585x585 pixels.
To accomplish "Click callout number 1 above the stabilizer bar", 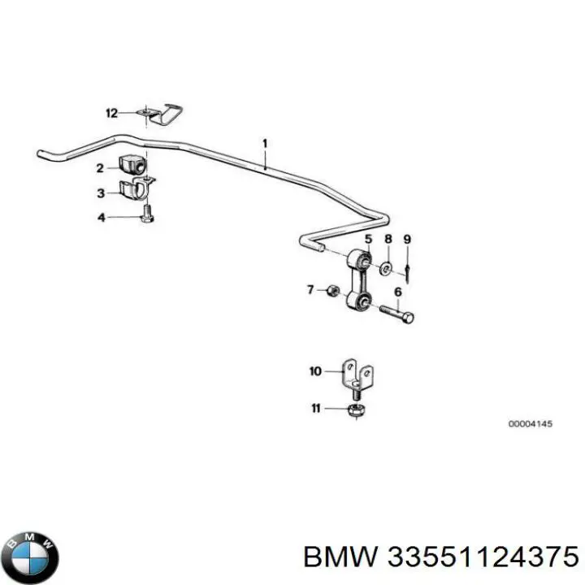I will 264,143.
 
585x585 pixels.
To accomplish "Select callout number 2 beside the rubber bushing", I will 100,168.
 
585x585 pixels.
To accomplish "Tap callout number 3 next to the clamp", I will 100,193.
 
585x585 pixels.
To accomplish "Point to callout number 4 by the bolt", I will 100,217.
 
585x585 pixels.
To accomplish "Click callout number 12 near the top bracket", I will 111,112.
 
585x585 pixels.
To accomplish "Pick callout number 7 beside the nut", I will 310,289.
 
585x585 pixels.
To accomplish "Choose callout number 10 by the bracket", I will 315,372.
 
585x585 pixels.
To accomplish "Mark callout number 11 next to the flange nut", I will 315,408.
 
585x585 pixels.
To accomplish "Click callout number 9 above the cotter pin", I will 407,240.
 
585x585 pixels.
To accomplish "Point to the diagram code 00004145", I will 530,424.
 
